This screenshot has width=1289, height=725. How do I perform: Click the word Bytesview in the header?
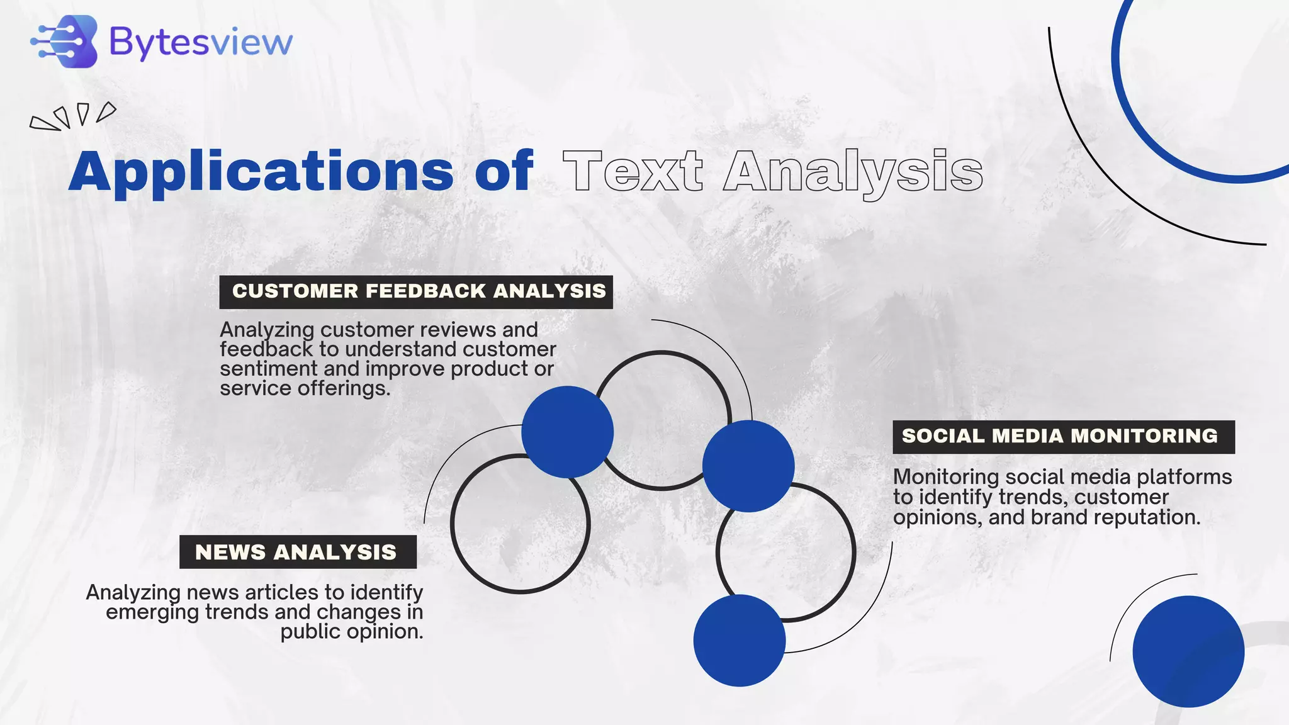201,42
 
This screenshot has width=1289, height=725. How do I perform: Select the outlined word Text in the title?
633,171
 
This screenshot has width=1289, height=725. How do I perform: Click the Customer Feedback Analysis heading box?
416,291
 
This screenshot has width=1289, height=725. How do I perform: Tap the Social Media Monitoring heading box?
1063,437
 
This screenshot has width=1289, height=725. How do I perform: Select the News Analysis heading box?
298,552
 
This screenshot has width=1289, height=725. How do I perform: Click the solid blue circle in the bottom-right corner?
1188,651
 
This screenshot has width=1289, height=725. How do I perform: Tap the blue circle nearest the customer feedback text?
567,432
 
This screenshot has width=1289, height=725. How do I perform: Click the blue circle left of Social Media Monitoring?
748,466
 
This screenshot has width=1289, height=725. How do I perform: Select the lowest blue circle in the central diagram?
739,640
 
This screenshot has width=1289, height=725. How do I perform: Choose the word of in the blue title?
504,171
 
